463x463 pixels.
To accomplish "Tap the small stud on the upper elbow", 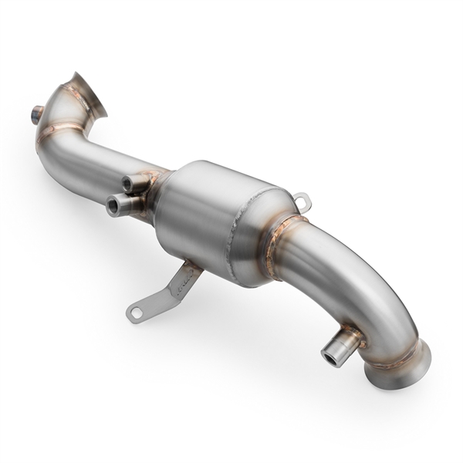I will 37,113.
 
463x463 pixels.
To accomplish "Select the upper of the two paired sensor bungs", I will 136,182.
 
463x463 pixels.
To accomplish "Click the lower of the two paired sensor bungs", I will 123,204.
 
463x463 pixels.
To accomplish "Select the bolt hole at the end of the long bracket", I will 137,313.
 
